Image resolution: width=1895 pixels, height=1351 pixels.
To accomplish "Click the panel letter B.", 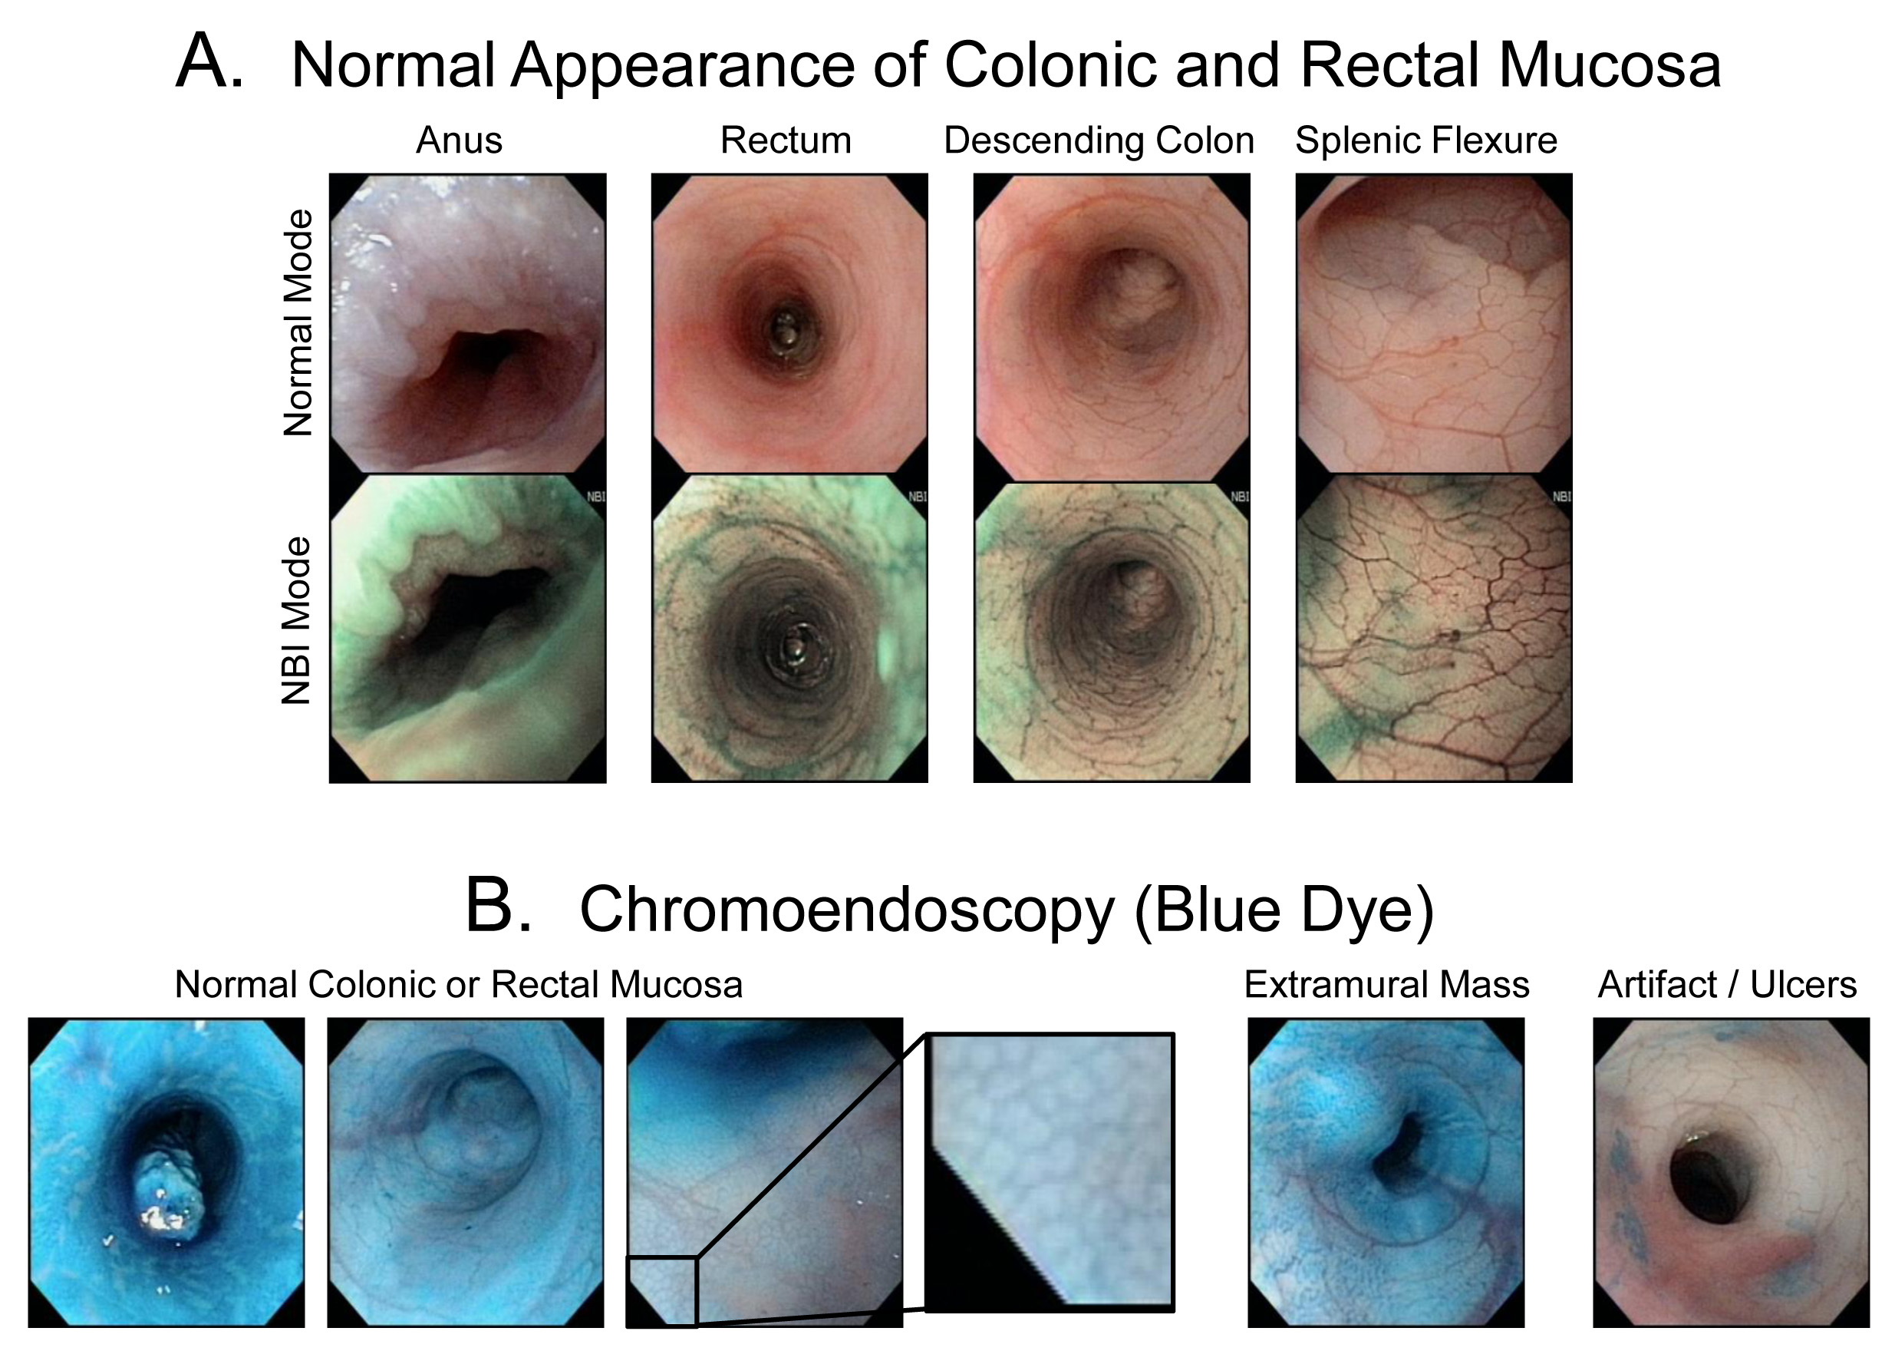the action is point(497,906).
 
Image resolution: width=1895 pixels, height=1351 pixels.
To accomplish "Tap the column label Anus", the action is point(459,140).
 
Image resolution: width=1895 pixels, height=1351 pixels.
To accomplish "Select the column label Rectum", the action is point(785,140).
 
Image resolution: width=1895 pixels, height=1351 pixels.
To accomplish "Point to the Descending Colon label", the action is point(1099,140).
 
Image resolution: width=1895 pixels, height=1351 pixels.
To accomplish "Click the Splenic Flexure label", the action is point(1425,140).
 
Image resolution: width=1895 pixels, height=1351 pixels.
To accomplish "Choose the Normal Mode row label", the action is point(298,322).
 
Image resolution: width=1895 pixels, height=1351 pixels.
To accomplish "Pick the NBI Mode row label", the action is point(296,620).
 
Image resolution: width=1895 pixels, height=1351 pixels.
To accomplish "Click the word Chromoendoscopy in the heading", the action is point(845,910).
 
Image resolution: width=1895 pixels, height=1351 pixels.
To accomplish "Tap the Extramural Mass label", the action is point(1386,985).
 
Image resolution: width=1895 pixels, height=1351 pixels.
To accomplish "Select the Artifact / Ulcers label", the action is point(1727,985).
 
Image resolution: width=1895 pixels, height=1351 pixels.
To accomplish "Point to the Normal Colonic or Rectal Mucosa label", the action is point(458,985).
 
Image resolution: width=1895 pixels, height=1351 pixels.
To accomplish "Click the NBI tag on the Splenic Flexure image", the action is point(1560,497).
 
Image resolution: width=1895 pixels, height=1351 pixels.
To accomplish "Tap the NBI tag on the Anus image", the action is point(595,497).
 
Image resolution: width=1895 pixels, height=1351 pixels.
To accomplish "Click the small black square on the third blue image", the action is point(662,1290).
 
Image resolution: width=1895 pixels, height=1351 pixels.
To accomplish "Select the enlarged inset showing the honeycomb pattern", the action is point(1050,1172).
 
